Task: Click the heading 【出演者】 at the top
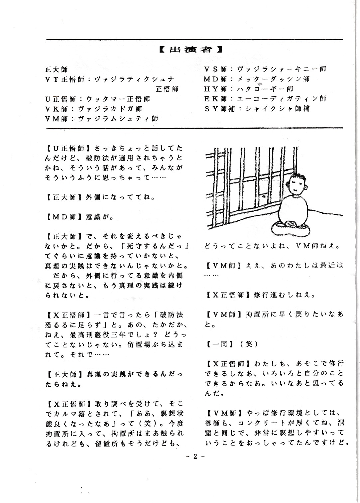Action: [190, 50]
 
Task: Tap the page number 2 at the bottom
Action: [195, 456]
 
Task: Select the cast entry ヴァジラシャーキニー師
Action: [282, 69]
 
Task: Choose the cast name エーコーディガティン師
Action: [282, 99]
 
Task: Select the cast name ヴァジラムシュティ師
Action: [118, 119]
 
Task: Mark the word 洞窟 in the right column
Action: [336, 423]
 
